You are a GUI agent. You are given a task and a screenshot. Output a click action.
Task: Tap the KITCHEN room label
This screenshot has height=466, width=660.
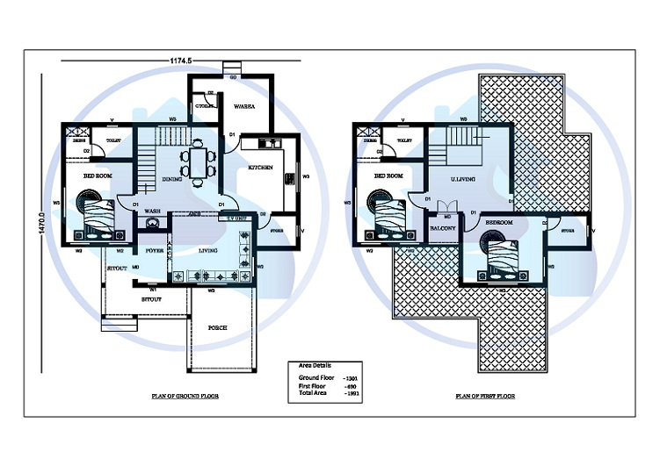[x=259, y=167]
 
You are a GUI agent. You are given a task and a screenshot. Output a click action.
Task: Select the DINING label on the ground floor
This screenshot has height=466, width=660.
[x=171, y=180]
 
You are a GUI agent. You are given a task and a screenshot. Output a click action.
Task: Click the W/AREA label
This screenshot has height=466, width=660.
[x=243, y=107]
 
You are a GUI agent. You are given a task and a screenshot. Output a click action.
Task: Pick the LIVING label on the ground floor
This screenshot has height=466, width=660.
[x=208, y=250]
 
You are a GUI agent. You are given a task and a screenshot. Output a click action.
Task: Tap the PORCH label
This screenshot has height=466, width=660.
[x=217, y=327]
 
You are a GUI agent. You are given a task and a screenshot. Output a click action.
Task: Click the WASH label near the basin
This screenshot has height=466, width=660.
[x=152, y=211]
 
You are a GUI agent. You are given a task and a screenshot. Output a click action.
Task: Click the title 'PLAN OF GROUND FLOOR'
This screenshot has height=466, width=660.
[x=185, y=396]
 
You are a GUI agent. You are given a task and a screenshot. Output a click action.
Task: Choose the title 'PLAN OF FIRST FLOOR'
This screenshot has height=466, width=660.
[x=485, y=396]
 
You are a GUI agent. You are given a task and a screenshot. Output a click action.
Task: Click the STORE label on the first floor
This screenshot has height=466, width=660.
[x=568, y=232]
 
